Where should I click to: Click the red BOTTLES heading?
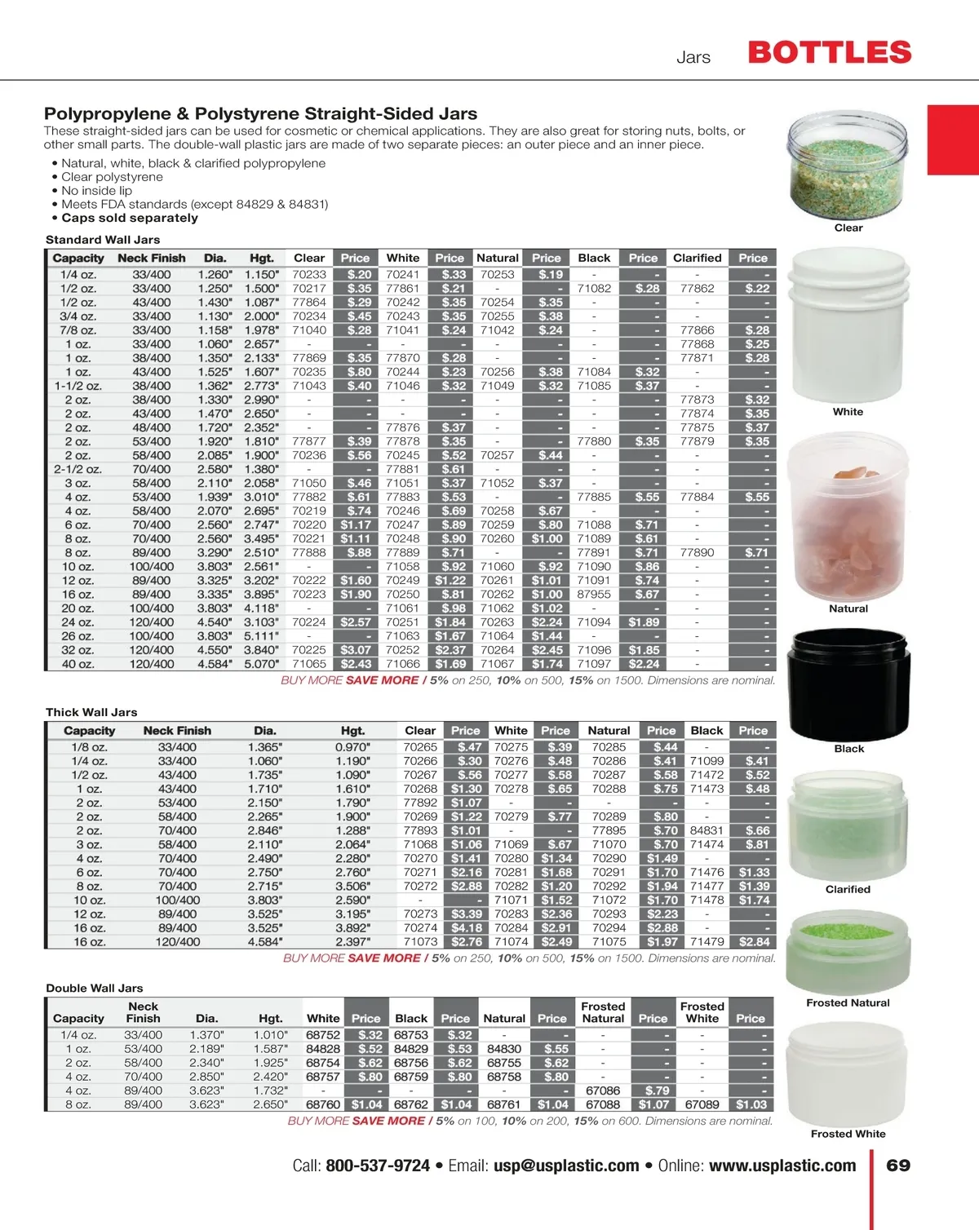(829, 53)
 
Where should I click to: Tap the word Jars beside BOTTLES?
(693, 57)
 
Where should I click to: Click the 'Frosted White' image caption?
(848, 1134)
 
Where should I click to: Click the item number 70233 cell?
(309, 275)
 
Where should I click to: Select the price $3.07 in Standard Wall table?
(356, 650)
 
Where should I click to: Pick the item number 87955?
(594, 595)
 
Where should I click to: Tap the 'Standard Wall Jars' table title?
(103, 240)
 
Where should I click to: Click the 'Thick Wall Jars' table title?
(91, 712)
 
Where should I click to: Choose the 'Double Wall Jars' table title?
(95, 988)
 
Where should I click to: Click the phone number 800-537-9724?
(378, 1166)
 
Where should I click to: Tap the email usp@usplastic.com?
(566, 1166)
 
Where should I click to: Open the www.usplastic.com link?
(782, 1166)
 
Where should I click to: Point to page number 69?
(898, 1166)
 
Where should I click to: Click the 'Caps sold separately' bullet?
(129, 218)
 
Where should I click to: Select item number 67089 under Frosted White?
(702, 1104)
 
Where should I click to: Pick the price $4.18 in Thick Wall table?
(466, 927)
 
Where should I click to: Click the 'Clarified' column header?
(697, 258)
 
